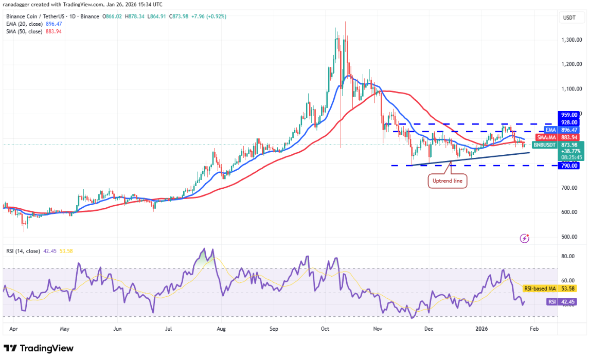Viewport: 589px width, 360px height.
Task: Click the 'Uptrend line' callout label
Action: coord(448,181)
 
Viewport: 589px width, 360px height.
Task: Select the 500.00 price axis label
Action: coord(569,237)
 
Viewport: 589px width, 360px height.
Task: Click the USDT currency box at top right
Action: coord(569,17)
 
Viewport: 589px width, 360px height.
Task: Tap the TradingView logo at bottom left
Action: coord(39,348)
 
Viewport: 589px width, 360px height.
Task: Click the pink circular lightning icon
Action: coord(525,238)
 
